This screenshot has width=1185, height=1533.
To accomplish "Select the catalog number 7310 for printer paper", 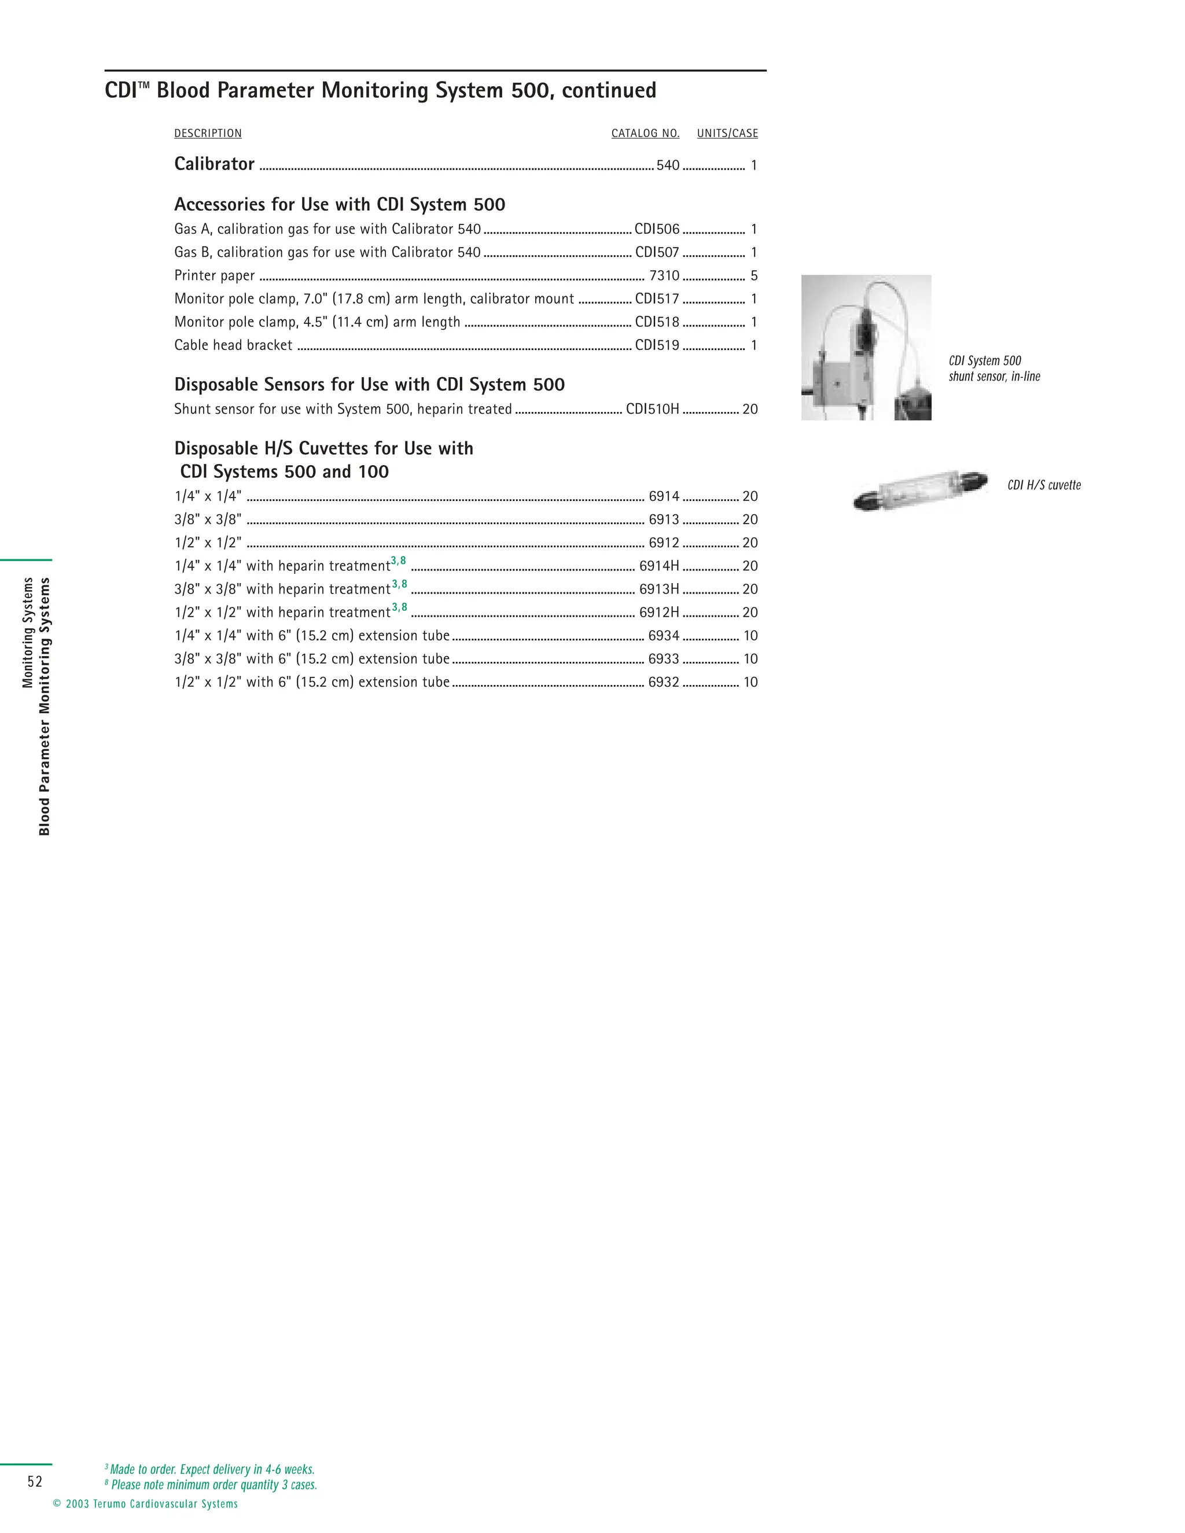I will point(664,275).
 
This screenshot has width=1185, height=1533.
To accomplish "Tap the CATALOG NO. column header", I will point(645,134).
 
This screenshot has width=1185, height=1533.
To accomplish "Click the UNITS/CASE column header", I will point(727,134).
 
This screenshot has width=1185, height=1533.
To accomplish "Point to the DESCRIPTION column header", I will point(208,134).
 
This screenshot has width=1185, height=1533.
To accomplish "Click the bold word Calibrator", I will point(214,164).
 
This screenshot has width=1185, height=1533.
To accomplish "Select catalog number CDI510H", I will point(652,408).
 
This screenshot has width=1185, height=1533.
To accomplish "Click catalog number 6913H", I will point(658,589).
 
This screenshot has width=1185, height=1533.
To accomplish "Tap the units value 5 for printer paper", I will point(754,275).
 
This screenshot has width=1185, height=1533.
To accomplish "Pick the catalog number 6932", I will point(664,681).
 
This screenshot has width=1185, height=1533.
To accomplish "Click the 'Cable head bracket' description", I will point(233,345).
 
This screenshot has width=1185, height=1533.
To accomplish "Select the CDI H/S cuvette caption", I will point(1044,485).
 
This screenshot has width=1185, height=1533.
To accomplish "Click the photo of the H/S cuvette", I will point(919,489).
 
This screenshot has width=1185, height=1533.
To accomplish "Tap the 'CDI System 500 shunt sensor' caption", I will point(994,368).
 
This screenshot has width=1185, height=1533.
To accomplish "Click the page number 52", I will point(35,1481).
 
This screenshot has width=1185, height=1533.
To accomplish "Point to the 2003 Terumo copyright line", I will point(145,1503).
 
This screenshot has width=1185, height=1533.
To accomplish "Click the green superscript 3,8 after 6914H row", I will point(398,561).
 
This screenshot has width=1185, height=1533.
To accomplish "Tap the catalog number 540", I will point(668,165).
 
